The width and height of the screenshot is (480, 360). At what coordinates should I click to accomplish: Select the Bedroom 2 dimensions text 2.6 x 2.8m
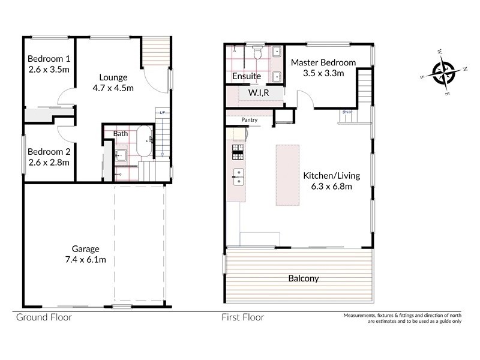click(x=49, y=162)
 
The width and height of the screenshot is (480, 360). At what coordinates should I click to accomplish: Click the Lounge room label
click(x=113, y=77)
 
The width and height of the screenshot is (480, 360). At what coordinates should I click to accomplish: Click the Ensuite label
click(x=246, y=76)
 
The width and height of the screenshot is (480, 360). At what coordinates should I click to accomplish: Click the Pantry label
click(x=250, y=120)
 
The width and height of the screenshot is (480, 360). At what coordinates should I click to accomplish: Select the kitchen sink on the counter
click(x=238, y=175)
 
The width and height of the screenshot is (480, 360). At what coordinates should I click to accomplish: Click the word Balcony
click(x=303, y=278)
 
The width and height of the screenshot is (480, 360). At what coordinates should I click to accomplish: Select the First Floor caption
click(x=243, y=317)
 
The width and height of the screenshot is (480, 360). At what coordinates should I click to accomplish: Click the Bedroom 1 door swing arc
click(x=65, y=98)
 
